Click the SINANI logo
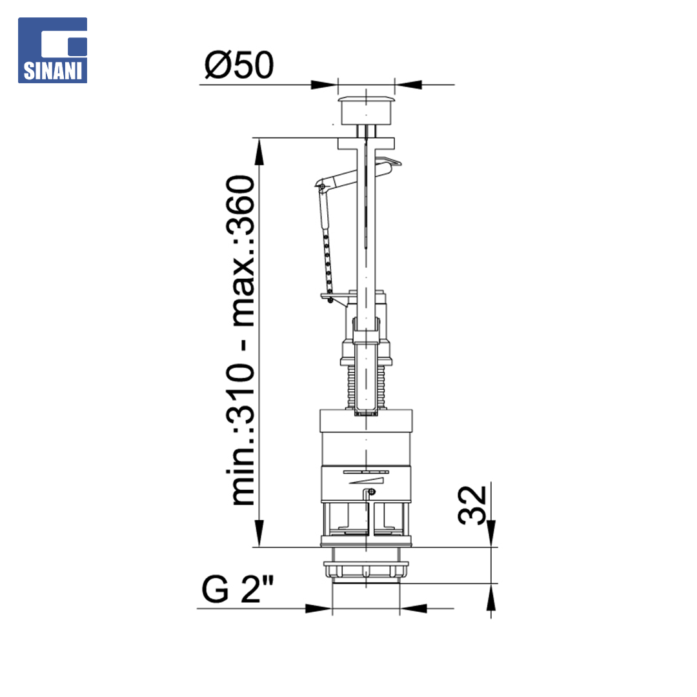click(52, 50)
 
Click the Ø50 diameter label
click(239, 65)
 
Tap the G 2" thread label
click(237, 589)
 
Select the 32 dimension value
click(472, 505)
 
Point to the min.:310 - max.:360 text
click(241, 340)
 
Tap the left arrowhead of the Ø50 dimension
click(325, 85)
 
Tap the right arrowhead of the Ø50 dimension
click(408, 85)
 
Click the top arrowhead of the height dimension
click(259, 151)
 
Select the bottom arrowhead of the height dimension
click(259, 534)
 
